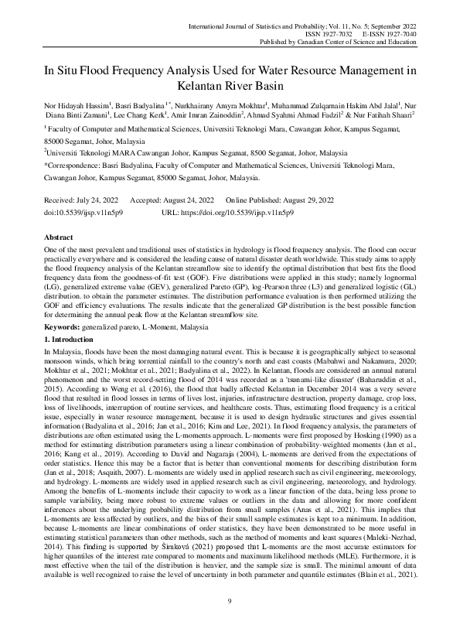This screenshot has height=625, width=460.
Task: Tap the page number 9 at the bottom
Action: pyautogui.click(x=230, y=600)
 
